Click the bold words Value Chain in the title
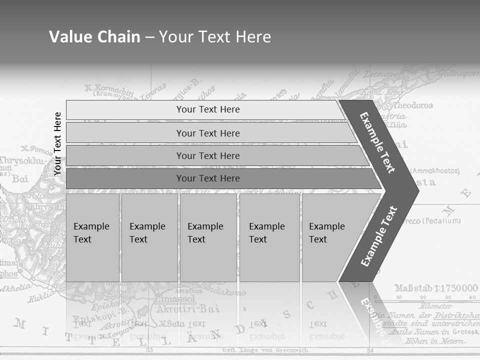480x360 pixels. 94,37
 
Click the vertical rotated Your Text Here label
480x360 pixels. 57,143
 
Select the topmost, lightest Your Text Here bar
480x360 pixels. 205,109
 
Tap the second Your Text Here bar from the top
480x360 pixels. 210,133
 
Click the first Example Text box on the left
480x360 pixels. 92,237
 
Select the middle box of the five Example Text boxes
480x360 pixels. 208,237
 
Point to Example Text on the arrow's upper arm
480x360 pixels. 377,142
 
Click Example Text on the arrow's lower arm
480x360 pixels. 379,236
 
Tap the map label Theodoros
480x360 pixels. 412,105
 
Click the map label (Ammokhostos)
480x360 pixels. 434,171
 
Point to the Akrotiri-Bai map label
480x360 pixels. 188,308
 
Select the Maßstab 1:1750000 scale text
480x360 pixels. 436,288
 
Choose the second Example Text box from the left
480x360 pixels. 149,237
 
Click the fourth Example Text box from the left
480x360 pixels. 269,237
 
